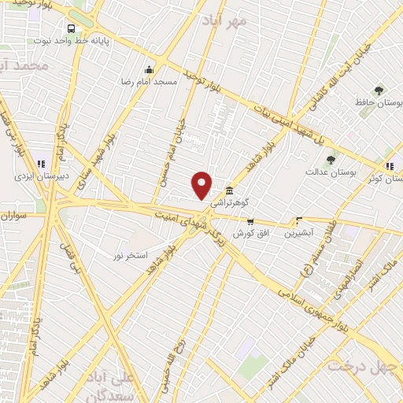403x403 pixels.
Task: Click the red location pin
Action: click(202, 184)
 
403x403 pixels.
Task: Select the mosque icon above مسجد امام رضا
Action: click(149, 68)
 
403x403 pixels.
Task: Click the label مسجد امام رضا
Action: click(148, 81)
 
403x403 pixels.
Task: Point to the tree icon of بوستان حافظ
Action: click(379, 91)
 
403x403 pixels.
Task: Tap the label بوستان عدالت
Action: click(326, 171)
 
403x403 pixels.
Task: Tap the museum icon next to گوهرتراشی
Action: click(229, 190)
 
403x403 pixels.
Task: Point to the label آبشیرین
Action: click(299, 233)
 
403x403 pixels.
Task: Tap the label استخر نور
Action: click(130, 256)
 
